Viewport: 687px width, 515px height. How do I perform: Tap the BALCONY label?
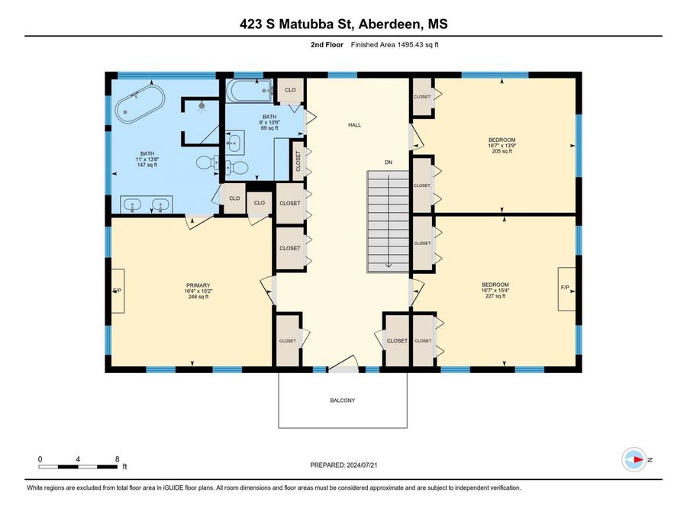[343, 401]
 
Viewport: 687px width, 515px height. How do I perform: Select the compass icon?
[634, 459]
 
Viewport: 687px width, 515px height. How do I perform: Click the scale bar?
[78, 467]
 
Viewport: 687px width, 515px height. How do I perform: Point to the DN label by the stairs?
[389, 163]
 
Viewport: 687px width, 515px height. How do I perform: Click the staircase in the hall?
[388, 222]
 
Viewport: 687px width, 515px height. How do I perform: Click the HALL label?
[354, 125]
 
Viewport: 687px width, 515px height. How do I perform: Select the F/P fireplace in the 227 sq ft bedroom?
[566, 289]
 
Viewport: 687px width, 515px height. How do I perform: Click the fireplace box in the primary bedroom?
[118, 291]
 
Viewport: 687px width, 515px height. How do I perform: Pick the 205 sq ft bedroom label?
[502, 146]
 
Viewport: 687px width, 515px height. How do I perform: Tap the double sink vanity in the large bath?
[147, 205]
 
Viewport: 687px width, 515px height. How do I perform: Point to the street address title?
[343, 24]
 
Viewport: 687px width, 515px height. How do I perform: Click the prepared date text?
[343, 465]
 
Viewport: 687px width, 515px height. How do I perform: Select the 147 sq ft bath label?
[147, 159]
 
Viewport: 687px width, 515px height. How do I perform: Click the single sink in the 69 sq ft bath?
[235, 143]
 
